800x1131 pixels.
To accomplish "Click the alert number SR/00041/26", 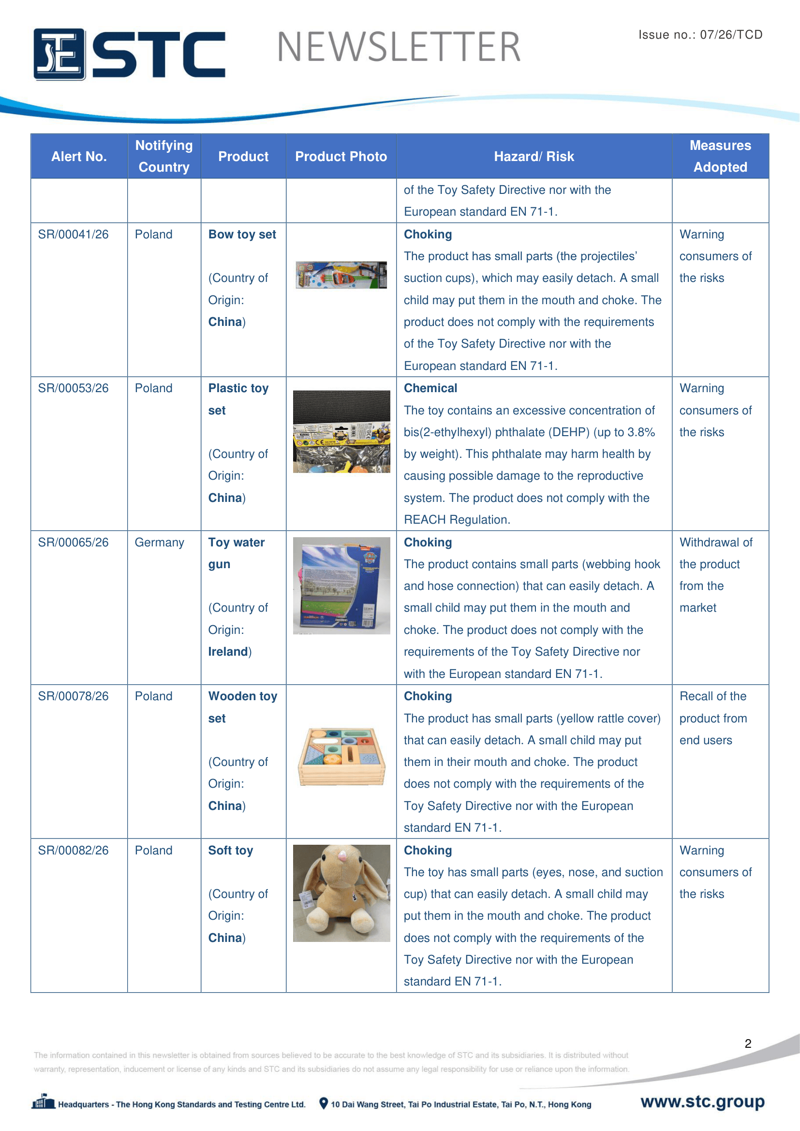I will pyautogui.click(x=73, y=235).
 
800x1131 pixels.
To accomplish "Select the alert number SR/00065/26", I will pyautogui.click(x=73, y=543).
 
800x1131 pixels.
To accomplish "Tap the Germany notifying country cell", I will pyautogui.click(x=159, y=543).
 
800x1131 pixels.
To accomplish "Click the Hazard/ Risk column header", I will pyautogui.click(x=533, y=157).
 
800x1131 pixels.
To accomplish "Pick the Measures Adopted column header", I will pyautogui.click(x=720, y=156).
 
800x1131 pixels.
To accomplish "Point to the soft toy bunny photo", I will pyautogui.click(x=341, y=893).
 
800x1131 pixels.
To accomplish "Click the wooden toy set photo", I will pyautogui.click(x=341, y=756).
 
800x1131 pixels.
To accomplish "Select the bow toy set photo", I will pyautogui.click(x=341, y=275).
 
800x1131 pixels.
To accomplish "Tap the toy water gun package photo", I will pyautogui.click(x=341, y=585).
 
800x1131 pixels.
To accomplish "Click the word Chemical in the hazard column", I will pyautogui.click(x=430, y=388).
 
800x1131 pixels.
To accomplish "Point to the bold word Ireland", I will pyautogui.click(x=228, y=652).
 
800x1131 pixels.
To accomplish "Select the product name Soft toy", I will pyautogui.click(x=231, y=850).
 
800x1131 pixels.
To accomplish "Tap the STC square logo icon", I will pyautogui.click(x=59, y=54).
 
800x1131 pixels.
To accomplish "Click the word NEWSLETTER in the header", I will pyautogui.click(x=399, y=47).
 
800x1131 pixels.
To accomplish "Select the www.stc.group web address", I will pyautogui.click(x=702, y=1102).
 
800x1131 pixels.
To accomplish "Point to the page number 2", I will pyautogui.click(x=747, y=1043).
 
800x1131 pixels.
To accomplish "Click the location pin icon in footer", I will pyautogui.click(x=323, y=1103).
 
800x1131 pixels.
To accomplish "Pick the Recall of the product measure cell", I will pyautogui.click(x=713, y=718).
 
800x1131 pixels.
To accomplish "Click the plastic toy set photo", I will pyautogui.click(x=341, y=431).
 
